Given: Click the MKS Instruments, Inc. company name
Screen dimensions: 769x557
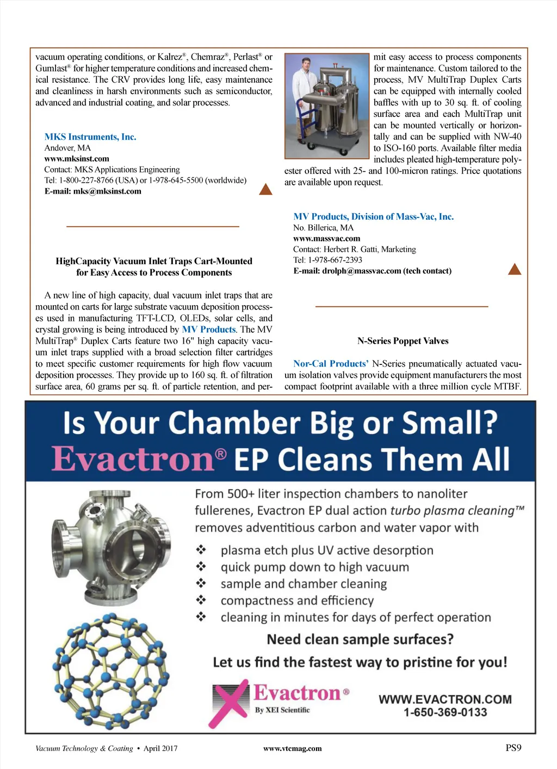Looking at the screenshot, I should pyautogui.click(x=90, y=137).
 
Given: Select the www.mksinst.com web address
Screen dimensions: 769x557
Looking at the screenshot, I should pyautogui.click(x=77, y=159).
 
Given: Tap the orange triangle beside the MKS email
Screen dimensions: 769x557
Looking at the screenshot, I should pyautogui.click(x=265, y=189).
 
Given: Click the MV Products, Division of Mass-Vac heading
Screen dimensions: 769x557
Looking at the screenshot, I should pyautogui.click(x=373, y=216).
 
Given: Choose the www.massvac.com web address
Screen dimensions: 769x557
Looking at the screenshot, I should pyautogui.click(x=326, y=238).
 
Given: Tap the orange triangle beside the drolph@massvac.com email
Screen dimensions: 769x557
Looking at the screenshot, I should pyautogui.click(x=514, y=269).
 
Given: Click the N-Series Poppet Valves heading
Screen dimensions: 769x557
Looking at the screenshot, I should pyautogui.click(x=403, y=341).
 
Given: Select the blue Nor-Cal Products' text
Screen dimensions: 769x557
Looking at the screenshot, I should pyautogui.click(x=331, y=363).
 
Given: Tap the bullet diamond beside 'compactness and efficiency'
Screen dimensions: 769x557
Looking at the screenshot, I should pyautogui.click(x=201, y=600).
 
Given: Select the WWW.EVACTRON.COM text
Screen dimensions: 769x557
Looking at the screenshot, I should pyautogui.click(x=445, y=699).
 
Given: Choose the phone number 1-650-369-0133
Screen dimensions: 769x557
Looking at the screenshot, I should pyautogui.click(x=445, y=712).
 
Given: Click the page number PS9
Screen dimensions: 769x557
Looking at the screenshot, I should pyautogui.click(x=513, y=748).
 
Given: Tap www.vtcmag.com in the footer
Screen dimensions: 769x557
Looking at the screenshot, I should pyautogui.click(x=292, y=748).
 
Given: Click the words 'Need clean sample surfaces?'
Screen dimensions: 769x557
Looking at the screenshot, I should pyautogui.click(x=360, y=639).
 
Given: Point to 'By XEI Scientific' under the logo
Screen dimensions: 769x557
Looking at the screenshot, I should pyautogui.click(x=282, y=710).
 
